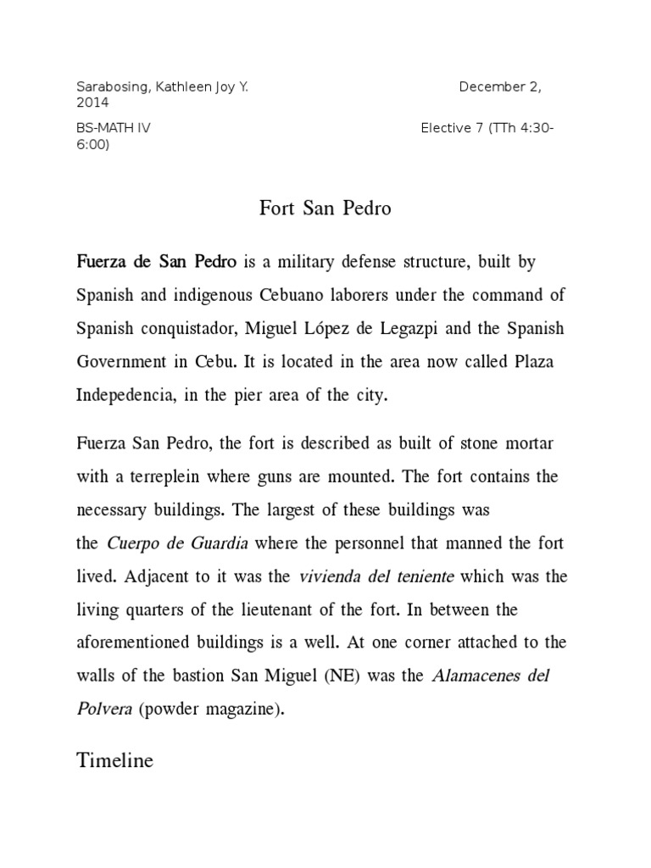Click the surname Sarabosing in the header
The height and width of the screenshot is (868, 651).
[109, 87]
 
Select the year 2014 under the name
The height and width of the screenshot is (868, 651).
[92, 103]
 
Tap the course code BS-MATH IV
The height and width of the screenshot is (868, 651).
[114, 128]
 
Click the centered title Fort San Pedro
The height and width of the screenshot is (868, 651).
[325, 209]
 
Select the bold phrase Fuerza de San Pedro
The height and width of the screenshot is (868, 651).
[157, 262]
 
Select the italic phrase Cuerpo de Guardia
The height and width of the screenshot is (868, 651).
[178, 542]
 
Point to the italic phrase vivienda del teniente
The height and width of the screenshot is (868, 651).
[376, 576]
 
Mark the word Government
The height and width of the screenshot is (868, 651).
[128, 360]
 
